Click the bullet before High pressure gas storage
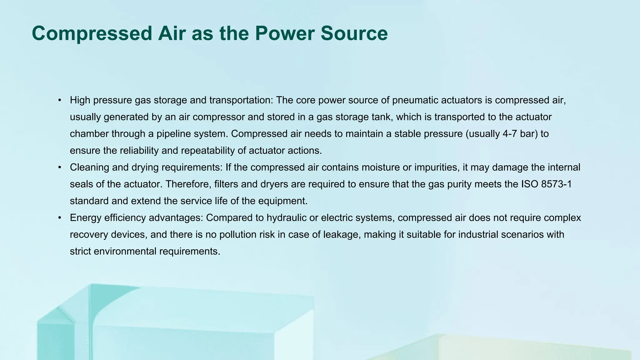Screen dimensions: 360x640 coord(59,100)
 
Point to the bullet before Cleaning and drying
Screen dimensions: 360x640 coord(59,167)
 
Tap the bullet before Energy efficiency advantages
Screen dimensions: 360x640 coord(59,218)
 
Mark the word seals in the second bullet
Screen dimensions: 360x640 coord(81,184)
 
